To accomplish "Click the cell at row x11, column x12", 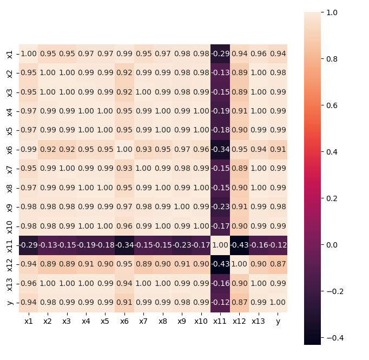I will point(240,245).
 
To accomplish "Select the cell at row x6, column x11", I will point(220,149).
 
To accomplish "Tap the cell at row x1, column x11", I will point(220,54).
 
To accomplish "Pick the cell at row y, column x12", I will point(240,302).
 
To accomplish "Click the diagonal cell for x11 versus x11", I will point(220,245).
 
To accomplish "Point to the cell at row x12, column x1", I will point(29,264).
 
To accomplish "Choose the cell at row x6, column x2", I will point(48,149).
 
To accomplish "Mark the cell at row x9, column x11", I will point(220,207).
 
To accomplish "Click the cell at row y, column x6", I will point(124,302).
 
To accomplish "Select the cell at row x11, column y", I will point(278,245).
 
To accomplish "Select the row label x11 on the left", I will point(10,245).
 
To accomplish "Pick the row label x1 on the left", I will point(10,54).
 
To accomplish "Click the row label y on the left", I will point(10,302).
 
